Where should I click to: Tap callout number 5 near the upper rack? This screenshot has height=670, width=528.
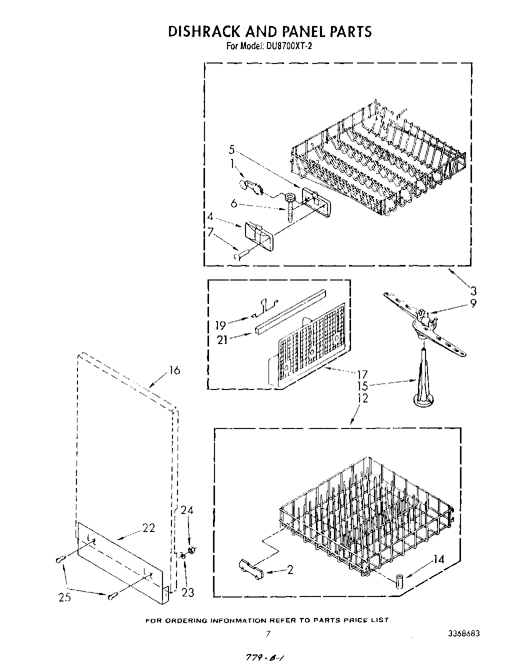tap(231, 149)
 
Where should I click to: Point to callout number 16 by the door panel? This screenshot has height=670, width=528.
tap(174, 370)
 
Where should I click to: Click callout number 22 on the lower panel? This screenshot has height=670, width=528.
tap(148, 528)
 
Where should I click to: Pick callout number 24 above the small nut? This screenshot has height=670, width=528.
tap(187, 510)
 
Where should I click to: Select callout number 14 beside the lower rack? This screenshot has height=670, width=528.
tap(438, 559)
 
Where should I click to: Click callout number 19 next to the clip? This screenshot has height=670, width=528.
tap(220, 326)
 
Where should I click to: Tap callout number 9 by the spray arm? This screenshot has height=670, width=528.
tap(473, 303)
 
